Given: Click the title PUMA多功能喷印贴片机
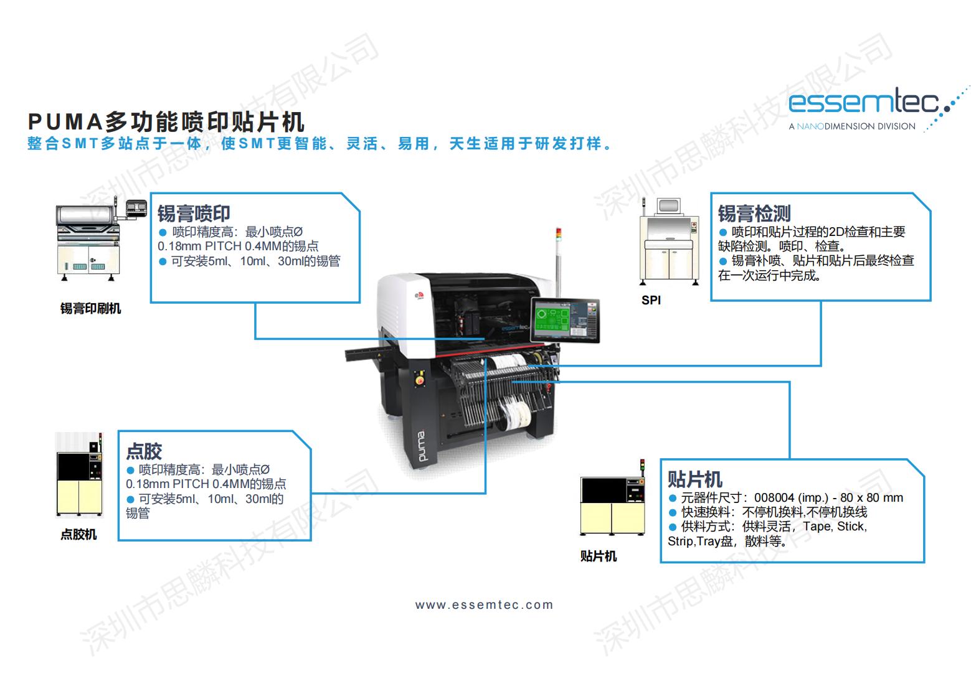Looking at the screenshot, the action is pyautogui.click(x=166, y=122).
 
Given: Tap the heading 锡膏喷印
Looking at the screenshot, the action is pyautogui.click(x=194, y=214).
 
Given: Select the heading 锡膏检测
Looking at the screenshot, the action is pyautogui.click(x=754, y=214).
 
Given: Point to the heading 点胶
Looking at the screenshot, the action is pyautogui.click(x=144, y=451).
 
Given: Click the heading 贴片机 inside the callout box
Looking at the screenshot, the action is pyautogui.click(x=695, y=479).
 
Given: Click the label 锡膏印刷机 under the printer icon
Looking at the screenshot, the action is pyautogui.click(x=90, y=309).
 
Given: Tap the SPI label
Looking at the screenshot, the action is pyautogui.click(x=651, y=300).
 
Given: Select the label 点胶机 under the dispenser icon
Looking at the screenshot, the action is pyautogui.click(x=78, y=534).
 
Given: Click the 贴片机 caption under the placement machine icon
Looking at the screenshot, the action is pyautogui.click(x=599, y=556).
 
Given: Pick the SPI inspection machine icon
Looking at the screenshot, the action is pyautogui.click(x=670, y=241).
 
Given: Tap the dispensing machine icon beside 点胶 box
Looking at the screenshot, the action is pyautogui.click(x=79, y=474).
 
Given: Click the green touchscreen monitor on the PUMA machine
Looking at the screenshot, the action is pyautogui.click(x=566, y=320).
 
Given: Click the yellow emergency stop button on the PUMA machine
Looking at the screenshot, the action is pyautogui.click(x=420, y=380).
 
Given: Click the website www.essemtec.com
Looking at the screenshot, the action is pyautogui.click(x=484, y=604).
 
